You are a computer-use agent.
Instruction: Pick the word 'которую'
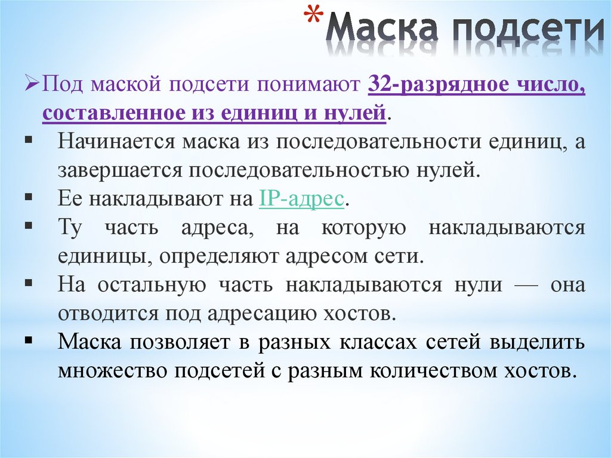(x=365, y=228)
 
